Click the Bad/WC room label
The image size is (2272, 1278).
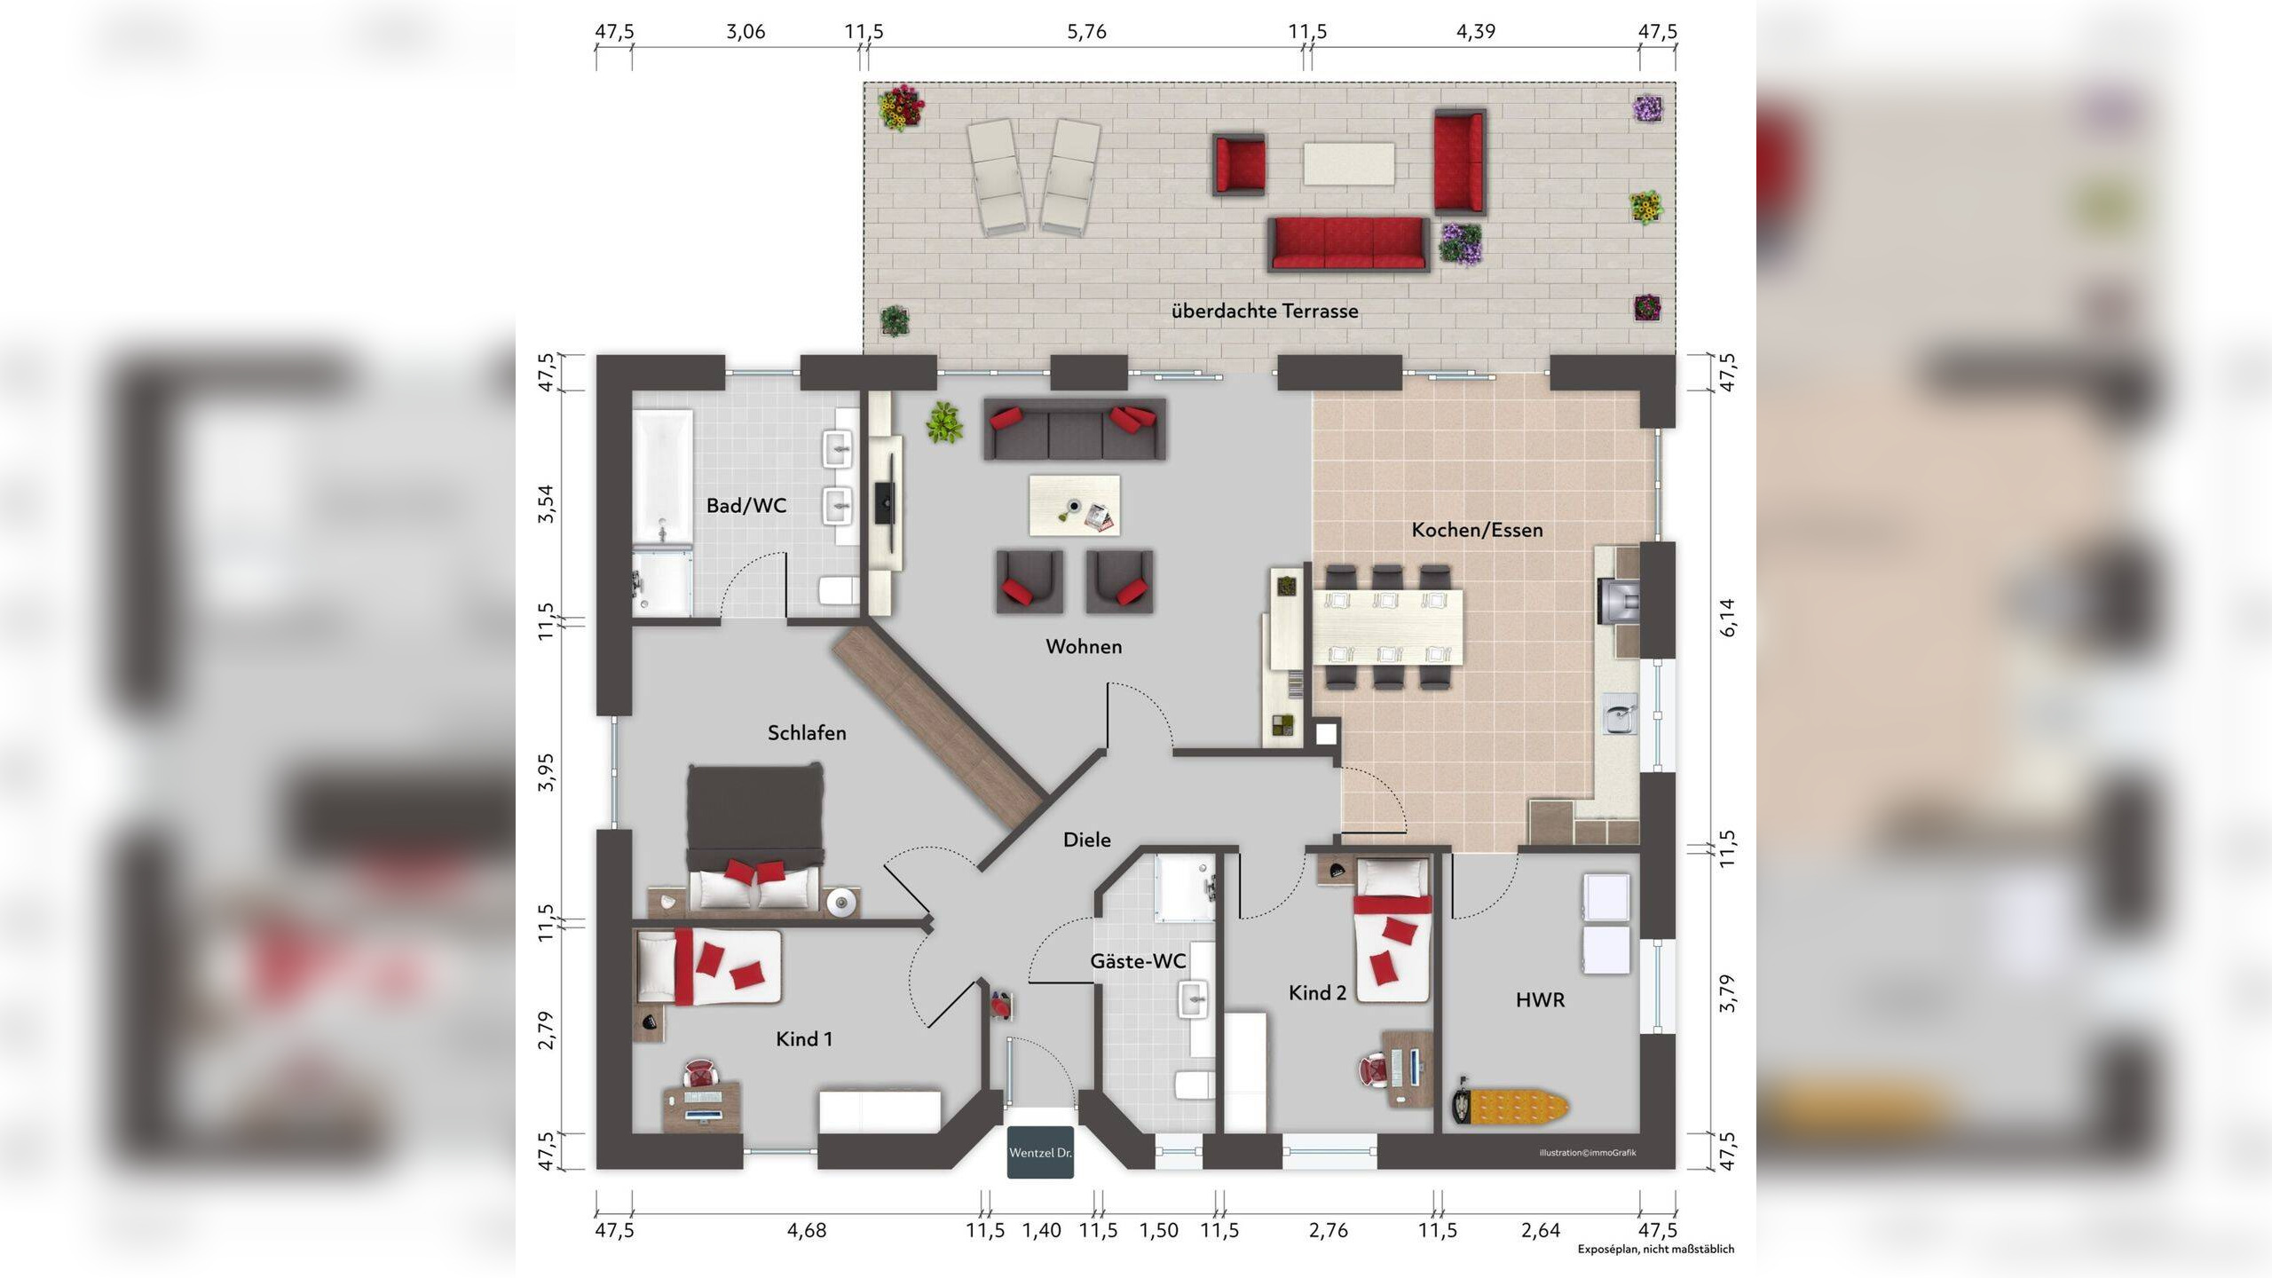pyautogui.click(x=746, y=506)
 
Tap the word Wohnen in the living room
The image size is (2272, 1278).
pyautogui.click(x=1084, y=647)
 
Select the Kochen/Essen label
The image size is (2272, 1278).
pyautogui.click(x=1477, y=530)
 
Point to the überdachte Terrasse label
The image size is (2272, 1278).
pyautogui.click(x=1265, y=312)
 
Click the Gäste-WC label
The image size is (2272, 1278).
pyautogui.click(x=1138, y=961)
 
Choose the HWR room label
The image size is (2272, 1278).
pyautogui.click(x=1540, y=1000)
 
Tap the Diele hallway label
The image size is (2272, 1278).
pyautogui.click(x=1087, y=840)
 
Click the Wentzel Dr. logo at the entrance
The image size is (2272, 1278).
pyautogui.click(x=1040, y=1152)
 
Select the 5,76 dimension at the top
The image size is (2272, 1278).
pyautogui.click(x=1086, y=32)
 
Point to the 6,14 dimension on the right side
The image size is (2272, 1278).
pyautogui.click(x=1727, y=617)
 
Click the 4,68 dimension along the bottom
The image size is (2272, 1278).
pyautogui.click(x=807, y=1231)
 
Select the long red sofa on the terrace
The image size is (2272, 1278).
pyautogui.click(x=1348, y=243)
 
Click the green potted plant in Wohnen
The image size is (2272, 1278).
pyautogui.click(x=944, y=423)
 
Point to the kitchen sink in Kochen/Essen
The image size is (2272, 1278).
pyautogui.click(x=1620, y=715)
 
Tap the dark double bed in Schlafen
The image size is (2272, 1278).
pyautogui.click(x=755, y=837)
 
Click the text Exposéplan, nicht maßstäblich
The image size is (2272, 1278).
pyautogui.click(x=1655, y=1250)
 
